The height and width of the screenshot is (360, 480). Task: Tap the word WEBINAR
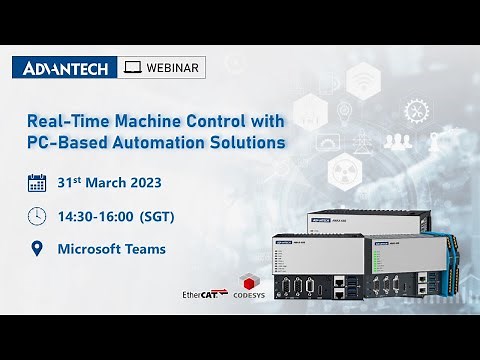click(x=173, y=68)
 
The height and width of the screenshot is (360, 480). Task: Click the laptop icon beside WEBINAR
click(x=132, y=68)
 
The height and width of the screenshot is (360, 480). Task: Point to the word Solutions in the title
click(x=244, y=142)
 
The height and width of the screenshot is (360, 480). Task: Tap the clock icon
click(x=37, y=215)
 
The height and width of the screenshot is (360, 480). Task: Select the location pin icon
click(x=37, y=248)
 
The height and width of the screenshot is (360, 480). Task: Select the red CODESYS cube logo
click(x=250, y=280)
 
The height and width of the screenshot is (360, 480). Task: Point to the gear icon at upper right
click(x=415, y=110)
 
